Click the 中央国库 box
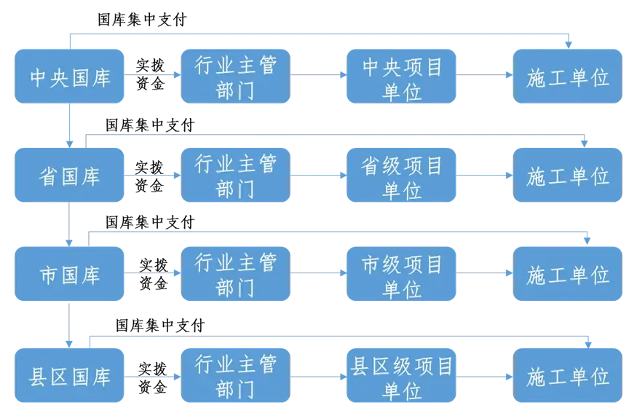(69, 76)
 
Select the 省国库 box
(69, 175)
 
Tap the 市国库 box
(69, 274)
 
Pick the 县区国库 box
(69, 375)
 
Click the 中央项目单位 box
(401, 76)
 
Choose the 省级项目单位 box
(401, 175)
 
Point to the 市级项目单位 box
(401, 274)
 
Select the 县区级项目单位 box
(401, 375)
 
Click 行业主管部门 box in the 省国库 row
(236, 175)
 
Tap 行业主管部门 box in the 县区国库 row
(236, 375)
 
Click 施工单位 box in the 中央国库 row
(568, 76)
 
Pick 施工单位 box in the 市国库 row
(568, 274)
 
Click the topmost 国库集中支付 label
(142, 20)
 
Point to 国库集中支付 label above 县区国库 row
(160, 326)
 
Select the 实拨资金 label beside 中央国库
(150, 74)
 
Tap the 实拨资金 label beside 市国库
(154, 274)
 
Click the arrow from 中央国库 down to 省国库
(69, 125)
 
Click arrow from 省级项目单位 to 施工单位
(484, 176)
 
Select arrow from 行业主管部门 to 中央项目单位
(319, 75)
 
